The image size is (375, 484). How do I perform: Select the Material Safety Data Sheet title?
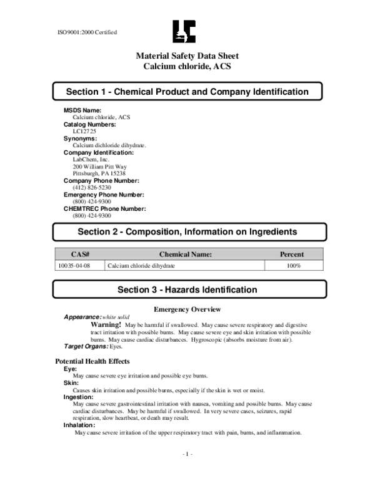[x=187, y=56]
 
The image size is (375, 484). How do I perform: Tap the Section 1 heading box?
[x=187, y=92]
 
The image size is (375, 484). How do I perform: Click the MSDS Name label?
[x=82, y=110]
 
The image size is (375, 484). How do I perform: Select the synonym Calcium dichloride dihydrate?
[x=109, y=145]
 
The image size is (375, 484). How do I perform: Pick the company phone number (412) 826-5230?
[x=92, y=187]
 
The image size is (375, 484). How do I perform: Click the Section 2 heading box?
[x=187, y=231]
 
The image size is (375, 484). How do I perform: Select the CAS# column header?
[x=80, y=254]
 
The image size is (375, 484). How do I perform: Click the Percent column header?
[x=292, y=254]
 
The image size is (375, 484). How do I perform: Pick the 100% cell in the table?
[x=292, y=266]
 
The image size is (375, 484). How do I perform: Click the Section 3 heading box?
[x=187, y=290]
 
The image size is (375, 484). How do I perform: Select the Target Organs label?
[x=86, y=346]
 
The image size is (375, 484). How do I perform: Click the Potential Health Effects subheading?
[x=92, y=361]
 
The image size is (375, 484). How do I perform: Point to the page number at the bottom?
[x=187, y=454]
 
